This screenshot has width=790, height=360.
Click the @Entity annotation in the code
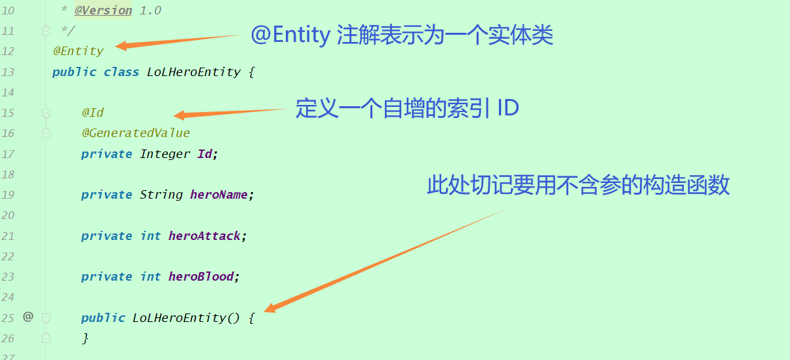[x=78, y=51]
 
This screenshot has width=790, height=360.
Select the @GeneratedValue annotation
[x=135, y=133]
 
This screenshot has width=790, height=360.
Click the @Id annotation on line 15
[x=92, y=113]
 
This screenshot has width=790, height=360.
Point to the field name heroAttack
[x=205, y=236]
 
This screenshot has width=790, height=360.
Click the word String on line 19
[x=161, y=195]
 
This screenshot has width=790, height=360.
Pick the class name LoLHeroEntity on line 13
[x=193, y=72]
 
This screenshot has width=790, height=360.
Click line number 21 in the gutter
[x=8, y=236]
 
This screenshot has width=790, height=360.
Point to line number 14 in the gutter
[x=8, y=92]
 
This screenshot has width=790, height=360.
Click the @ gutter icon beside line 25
[x=28, y=317]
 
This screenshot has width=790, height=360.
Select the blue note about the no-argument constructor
[x=578, y=186]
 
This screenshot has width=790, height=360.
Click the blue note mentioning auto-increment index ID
[x=406, y=108]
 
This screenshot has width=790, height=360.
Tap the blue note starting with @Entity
[x=402, y=35]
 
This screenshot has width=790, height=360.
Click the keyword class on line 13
[x=121, y=72]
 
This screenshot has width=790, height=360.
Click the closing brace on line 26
[x=85, y=338]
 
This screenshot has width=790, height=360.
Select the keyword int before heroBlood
[x=150, y=277]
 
